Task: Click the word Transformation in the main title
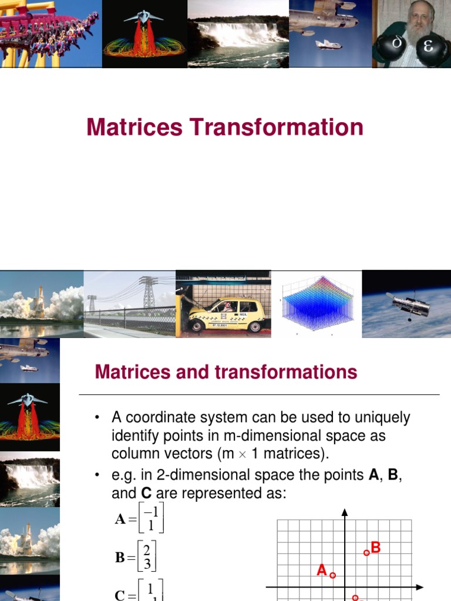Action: click(x=275, y=127)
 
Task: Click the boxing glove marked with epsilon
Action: click(x=429, y=47)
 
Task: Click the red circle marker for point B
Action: click(x=366, y=553)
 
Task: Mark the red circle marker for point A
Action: click(x=333, y=575)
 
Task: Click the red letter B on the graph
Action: click(x=376, y=548)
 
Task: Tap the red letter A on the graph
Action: click(x=322, y=570)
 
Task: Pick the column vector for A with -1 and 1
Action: click(x=153, y=518)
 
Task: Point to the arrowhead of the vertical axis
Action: click(x=345, y=512)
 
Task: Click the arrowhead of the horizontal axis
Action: click(x=419, y=586)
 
